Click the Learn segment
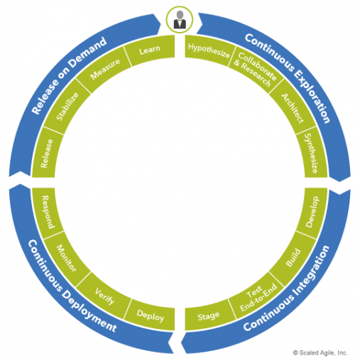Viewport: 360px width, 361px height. tap(151, 50)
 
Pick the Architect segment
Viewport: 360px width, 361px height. tap(293, 108)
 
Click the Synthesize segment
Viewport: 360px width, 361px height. tap(311, 153)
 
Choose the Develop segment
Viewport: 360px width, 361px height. tap(312, 212)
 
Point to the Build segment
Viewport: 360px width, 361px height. tap(293, 258)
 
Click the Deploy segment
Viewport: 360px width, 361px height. tap(151, 316)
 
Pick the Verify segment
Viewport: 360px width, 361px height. tap(104, 296)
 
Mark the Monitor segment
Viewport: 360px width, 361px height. tap(67, 258)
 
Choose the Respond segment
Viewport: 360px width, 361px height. tap(48, 212)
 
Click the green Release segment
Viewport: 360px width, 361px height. tap(48, 153)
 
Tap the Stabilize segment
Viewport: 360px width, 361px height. tap(67, 107)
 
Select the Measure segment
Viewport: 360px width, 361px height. tap(104, 69)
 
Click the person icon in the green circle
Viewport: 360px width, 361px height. tap(180, 20)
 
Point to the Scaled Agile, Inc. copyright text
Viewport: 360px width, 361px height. tap(320, 353)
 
